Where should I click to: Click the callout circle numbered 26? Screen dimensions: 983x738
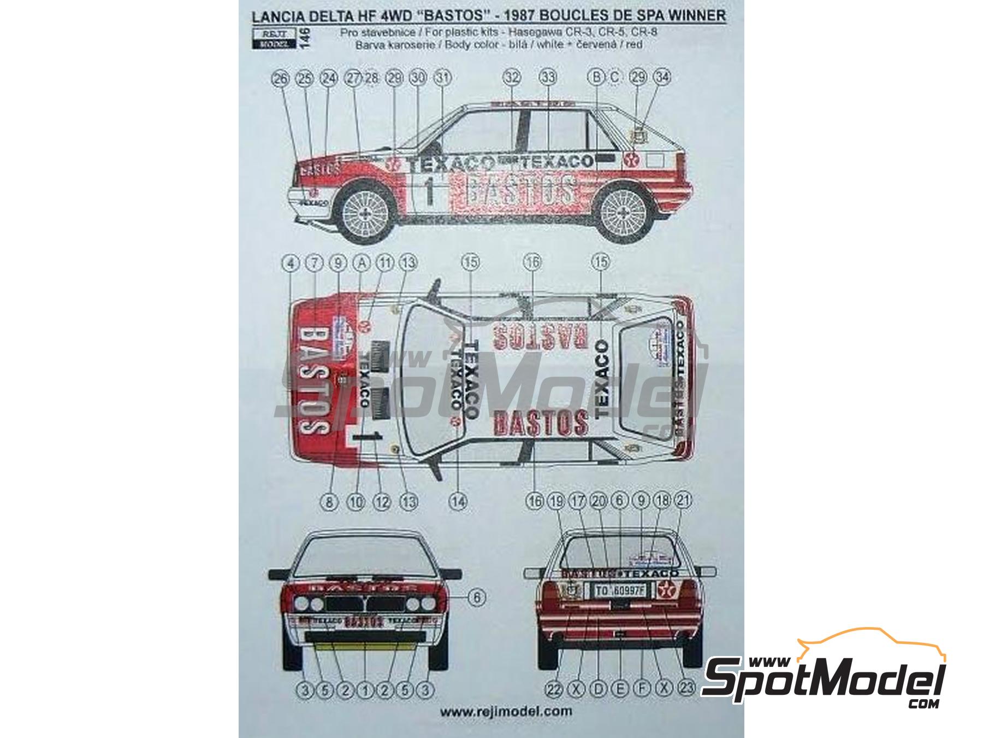tap(280, 79)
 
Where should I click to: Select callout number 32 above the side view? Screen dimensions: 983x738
tap(512, 78)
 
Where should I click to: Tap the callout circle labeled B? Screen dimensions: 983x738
tap(597, 78)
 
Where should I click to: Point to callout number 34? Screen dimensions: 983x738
tap(662, 78)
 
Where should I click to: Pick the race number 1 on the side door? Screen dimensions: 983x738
tap(429, 192)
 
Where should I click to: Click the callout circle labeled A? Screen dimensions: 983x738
tap(360, 263)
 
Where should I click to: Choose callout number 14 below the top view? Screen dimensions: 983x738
tap(459, 501)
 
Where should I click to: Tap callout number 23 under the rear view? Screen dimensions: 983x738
tap(686, 690)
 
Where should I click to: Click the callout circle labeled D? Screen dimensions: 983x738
tap(599, 690)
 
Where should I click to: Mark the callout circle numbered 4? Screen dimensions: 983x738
tap(292, 263)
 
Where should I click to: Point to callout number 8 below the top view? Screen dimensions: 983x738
tap(329, 501)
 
